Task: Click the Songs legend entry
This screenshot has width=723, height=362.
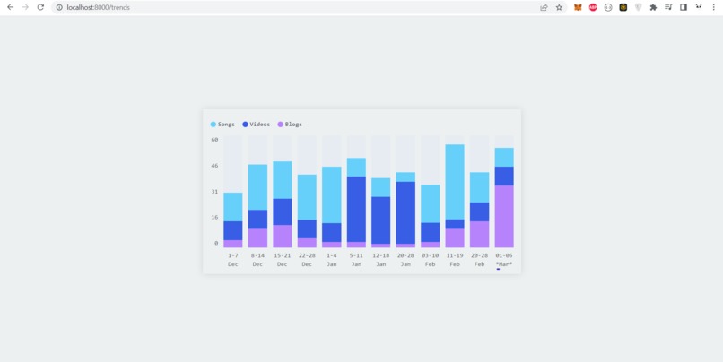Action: pos(223,125)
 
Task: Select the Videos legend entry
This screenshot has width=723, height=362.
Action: pos(257,125)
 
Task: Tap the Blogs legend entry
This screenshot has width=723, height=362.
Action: pos(291,125)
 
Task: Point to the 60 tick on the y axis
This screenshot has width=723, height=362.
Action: pos(215,140)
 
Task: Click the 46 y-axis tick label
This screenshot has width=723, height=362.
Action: pos(215,166)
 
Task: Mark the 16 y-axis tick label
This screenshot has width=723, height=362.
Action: pos(215,217)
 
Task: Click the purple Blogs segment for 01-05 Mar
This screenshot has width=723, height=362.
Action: pos(504,216)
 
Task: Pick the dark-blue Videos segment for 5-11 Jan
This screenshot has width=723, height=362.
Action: pos(356,209)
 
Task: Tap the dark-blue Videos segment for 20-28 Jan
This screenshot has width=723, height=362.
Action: pos(405,212)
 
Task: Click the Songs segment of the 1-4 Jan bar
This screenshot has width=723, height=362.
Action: pos(332,194)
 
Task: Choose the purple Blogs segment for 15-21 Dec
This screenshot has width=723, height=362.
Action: pos(283,236)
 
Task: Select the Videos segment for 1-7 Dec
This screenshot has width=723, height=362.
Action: pos(233,230)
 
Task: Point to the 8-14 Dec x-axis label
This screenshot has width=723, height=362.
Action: pos(257,260)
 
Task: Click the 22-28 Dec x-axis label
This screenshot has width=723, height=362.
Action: pos(307,260)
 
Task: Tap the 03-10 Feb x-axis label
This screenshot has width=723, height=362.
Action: pos(431,260)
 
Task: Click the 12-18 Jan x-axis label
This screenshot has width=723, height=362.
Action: pos(381,260)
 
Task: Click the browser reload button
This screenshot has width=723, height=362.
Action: pos(40,7)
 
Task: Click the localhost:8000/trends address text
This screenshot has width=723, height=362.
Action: pos(98,7)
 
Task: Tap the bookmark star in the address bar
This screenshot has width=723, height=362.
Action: pos(559,7)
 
